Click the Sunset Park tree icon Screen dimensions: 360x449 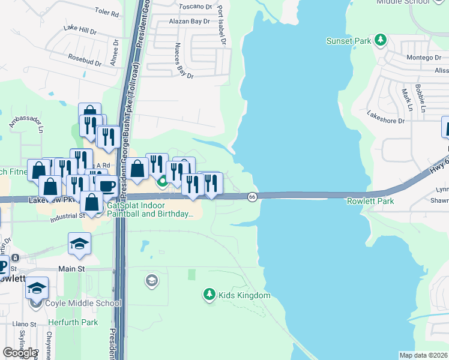(380, 40)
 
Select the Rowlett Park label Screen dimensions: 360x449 (370, 201)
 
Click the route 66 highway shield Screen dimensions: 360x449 (252, 197)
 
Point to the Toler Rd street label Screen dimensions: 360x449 (107, 11)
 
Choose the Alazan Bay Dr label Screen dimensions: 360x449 (190, 21)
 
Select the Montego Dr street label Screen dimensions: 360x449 (424, 58)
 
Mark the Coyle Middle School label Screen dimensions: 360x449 (83, 303)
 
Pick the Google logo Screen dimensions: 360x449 (20, 352)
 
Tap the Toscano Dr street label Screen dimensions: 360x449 (196, 7)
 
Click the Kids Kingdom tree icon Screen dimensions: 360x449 (209, 294)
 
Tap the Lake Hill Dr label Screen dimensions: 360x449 (79, 29)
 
